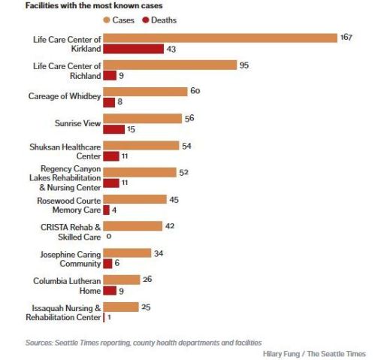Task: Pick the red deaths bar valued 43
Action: click(x=133, y=50)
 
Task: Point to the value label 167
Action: click(x=346, y=38)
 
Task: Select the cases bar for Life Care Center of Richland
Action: click(x=169, y=65)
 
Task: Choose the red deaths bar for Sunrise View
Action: click(x=113, y=129)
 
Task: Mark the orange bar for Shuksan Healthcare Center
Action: click(x=141, y=145)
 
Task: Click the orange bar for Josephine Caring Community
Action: click(x=126, y=253)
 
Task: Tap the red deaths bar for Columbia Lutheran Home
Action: click(x=109, y=291)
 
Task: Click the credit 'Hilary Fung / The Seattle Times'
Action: click(x=315, y=352)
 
